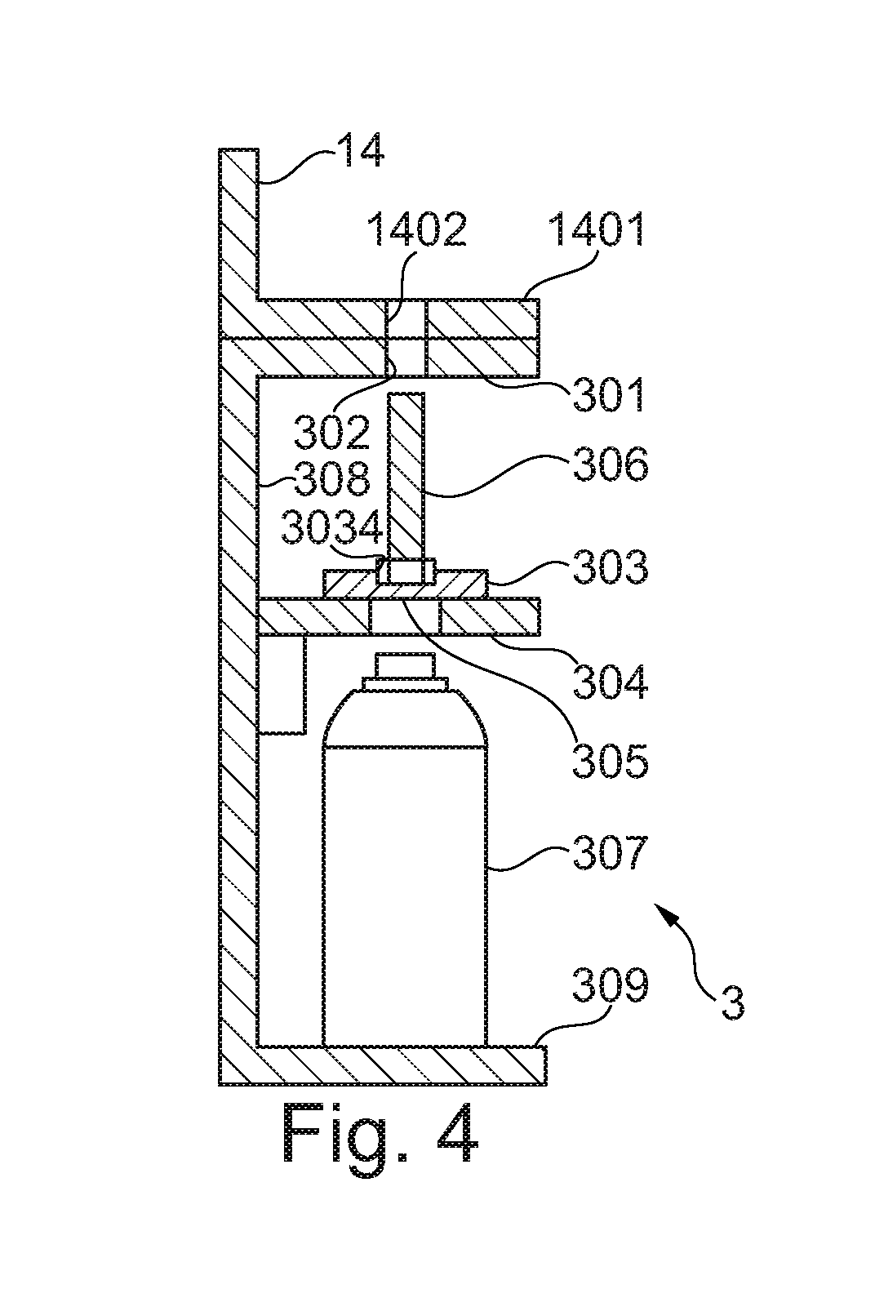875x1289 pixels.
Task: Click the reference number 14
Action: point(359,150)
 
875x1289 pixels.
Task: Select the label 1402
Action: point(416,229)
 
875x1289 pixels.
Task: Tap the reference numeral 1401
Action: point(595,229)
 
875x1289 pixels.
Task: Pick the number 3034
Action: point(332,527)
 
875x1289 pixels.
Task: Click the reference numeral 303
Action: point(611,567)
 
